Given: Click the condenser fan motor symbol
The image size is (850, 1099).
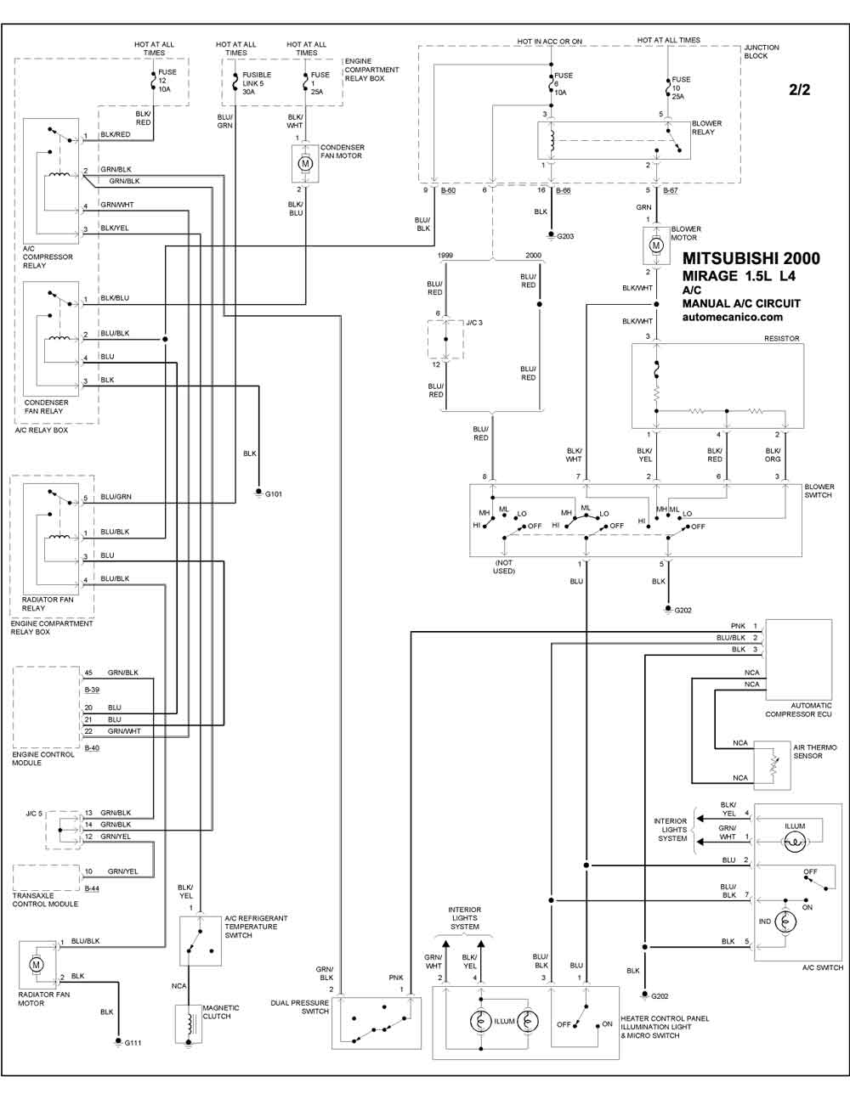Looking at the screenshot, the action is tap(305, 163).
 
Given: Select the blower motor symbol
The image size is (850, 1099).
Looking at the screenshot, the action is tap(656, 245).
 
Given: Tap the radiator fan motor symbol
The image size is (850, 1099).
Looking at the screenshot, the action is tap(36, 965).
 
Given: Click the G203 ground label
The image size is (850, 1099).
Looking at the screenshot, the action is tap(565, 236).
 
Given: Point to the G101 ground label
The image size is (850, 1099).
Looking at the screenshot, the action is tap(274, 493).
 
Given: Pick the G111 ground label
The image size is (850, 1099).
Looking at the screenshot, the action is tap(133, 1043).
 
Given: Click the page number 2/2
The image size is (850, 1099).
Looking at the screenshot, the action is tap(799, 89).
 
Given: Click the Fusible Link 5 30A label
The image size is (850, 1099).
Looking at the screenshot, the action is tap(257, 83).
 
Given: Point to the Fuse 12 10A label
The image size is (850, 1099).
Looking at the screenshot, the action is tap(167, 81).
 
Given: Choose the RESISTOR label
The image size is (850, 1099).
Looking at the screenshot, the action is tap(782, 338).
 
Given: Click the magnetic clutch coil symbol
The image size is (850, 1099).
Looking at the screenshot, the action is tap(189, 1023).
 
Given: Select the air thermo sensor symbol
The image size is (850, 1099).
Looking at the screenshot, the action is tap(772, 765).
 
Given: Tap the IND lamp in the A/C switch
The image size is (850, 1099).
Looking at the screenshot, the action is tap(785, 921).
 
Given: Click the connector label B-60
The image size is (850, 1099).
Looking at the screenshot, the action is tap(448, 190).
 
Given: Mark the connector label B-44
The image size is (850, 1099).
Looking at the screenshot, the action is tap(92, 888).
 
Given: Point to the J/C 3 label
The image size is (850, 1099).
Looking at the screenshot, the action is tap(474, 322).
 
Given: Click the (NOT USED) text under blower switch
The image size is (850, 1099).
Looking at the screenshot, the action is tap(504, 566).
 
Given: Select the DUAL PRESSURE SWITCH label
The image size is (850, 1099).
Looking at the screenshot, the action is tap(299, 1006).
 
